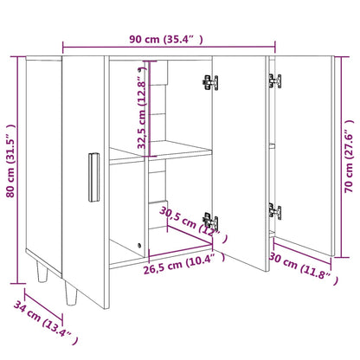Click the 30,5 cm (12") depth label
(192, 222)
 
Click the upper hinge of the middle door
(209, 82)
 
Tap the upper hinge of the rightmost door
(275, 82)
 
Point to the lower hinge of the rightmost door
(275, 210)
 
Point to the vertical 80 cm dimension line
(21, 164)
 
